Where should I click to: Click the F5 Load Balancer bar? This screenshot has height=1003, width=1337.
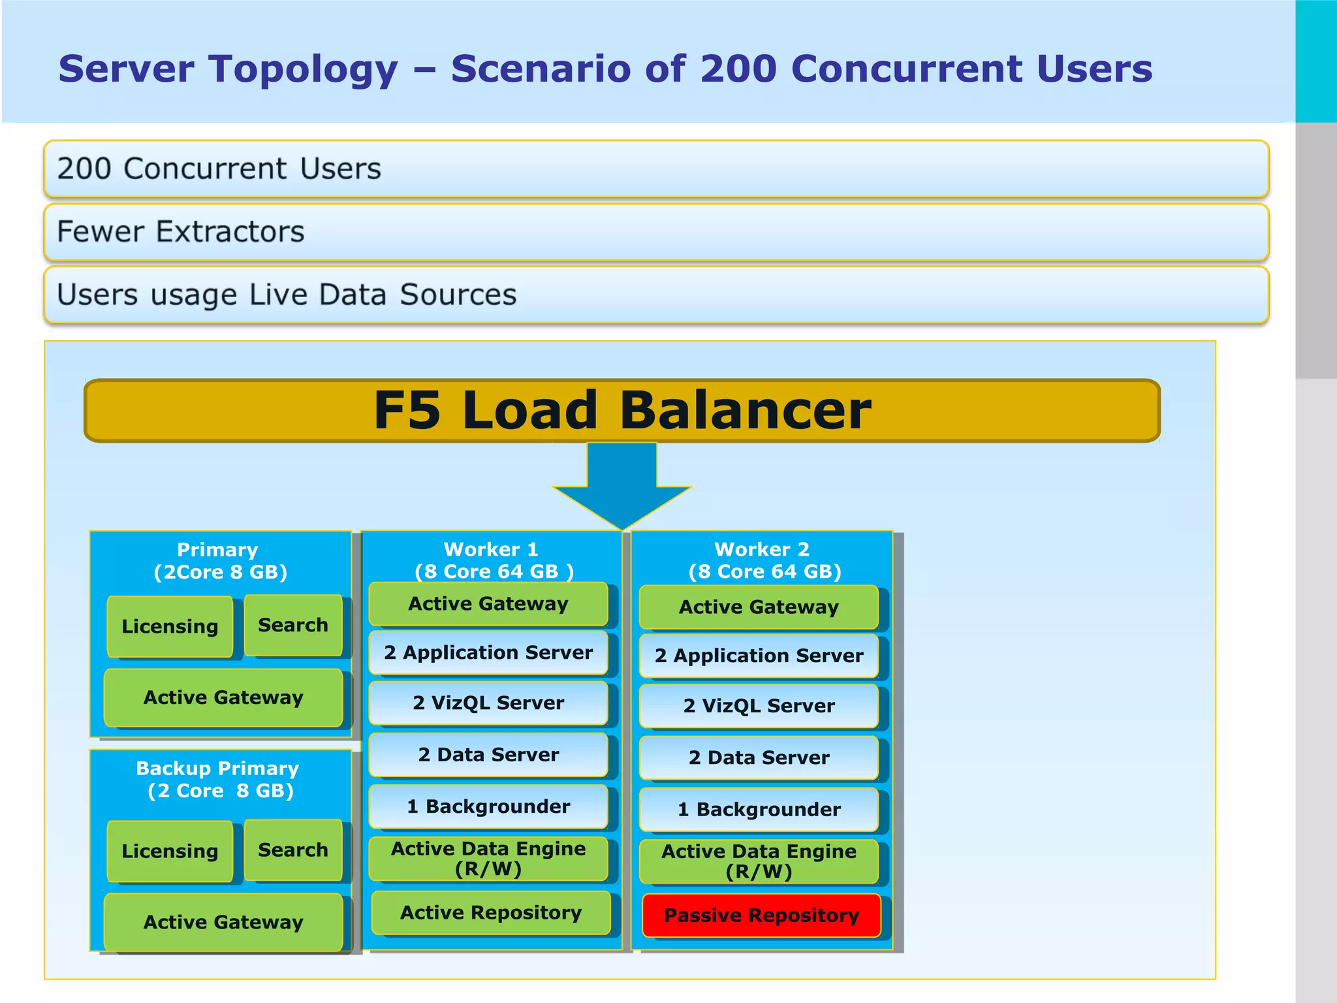click(621, 410)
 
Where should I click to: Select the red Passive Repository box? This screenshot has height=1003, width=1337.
click(761, 915)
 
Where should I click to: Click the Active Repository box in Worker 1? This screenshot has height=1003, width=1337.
click(490, 912)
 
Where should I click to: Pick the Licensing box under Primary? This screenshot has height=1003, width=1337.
click(170, 626)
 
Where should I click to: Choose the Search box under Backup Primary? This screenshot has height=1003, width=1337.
click(293, 850)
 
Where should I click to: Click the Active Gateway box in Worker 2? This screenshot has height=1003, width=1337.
click(759, 607)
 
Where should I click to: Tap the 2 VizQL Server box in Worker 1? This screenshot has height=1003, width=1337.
click(488, 703)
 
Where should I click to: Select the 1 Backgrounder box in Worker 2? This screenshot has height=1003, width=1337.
click(759, 809)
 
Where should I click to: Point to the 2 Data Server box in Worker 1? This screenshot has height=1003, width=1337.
click(488, 754)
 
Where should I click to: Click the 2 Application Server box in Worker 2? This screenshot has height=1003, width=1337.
click(759, 656)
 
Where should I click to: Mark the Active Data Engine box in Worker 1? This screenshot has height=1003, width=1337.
click(488, 858)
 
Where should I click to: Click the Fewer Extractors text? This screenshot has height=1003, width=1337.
click(181, 232)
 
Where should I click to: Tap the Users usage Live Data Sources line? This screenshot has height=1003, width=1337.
click(287, 295)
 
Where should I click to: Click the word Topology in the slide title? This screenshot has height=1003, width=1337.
click(304, 69)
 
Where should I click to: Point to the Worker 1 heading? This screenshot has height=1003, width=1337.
click(491, 549)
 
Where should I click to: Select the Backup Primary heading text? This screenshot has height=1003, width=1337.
click(217, 769)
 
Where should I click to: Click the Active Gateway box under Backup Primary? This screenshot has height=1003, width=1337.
click(223, 921)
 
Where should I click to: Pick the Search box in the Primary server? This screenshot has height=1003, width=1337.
click(293, 625)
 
